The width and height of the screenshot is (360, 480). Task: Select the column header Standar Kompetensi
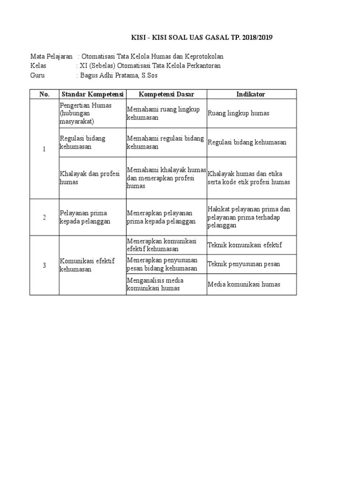pyautogui.click(x=92, y=94)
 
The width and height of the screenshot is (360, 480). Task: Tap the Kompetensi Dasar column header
pyautogui.click(x=166, y=94)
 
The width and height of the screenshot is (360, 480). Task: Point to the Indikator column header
pyautogui.click(x=251, y=94)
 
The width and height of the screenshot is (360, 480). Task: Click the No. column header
pyautogui.click(x=45, y=94)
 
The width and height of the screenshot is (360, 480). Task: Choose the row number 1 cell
pyautogui.click(x=45, y=149)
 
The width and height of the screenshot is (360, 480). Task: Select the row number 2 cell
pyautogui.click(x=45, y=217)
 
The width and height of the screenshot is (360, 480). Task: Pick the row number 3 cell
pyautogui.click(x=45, y=265)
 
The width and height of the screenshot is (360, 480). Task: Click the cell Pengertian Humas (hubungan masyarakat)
pyautogui.click(x=86, y=113)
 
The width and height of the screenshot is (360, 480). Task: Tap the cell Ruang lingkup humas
pyautogui.click(x=239, y=113)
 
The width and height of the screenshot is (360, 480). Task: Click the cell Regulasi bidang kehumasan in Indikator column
pyautogui.click(x=247, y=142)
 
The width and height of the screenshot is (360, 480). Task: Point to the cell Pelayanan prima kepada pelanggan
pyautogui.click(x=85, y=217)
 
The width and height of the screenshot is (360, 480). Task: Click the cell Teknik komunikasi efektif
pyautogui.click(x=245, y=245)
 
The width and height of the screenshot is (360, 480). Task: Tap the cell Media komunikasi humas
pyautogui.click(x=244, y=284)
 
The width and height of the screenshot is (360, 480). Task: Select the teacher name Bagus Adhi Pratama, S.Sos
pyautogui.click(x=119, y=75)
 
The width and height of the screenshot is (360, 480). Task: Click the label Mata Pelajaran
pyautogui.click(x=52, y=56)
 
